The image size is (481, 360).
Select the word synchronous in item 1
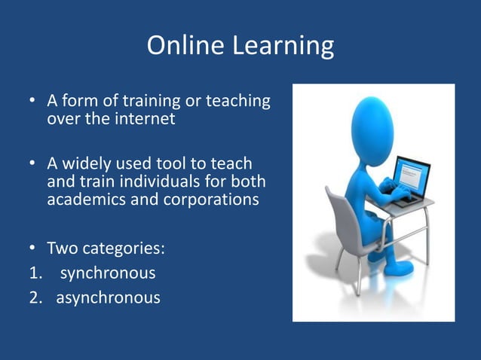click(108, 273)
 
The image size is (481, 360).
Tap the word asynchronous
click(109, 297)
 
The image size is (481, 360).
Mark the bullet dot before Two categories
click(33, 248)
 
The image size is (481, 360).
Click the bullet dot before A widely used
click(33, 164)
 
